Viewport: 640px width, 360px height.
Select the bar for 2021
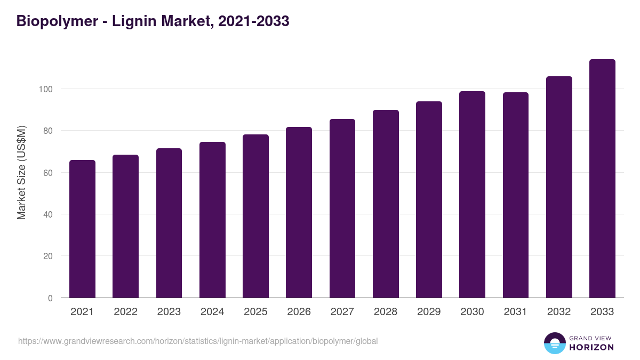(x=82, y=229)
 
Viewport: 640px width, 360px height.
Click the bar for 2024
(x=212, y=220)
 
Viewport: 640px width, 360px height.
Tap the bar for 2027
(x=342, y=209)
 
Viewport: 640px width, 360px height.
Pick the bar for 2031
(x=516, y=195)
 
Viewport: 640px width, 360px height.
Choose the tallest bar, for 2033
(x=602, y=179)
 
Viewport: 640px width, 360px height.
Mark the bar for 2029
(x=429, y=199)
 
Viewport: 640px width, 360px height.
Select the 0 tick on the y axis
(x=50, y=298)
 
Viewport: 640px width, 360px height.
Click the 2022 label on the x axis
(x=125, y=312)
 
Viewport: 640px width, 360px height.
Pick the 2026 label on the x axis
(x=299, y=312)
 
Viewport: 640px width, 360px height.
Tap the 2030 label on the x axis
(x=472, y=312)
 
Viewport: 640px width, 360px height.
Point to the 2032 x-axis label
(x=559, y=312)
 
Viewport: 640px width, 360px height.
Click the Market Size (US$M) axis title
(x=21, y=173)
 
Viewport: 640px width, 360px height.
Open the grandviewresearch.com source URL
(x=198, y=341)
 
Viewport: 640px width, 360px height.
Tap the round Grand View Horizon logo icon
(x=554, y=343)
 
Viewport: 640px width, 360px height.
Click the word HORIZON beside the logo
(x=591, y=347)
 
